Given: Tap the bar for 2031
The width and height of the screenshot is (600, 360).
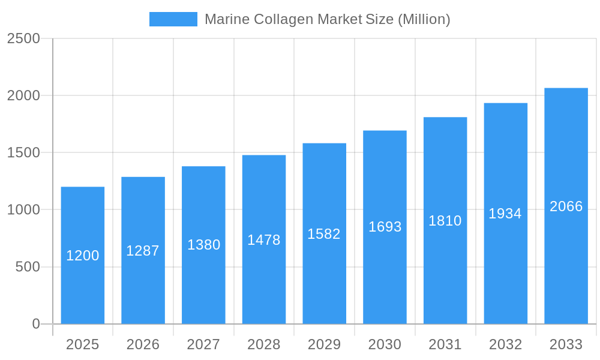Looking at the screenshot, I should pyautogui.click(x=445, y=270).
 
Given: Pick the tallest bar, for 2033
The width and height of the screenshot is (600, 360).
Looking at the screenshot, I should pyautogui.click(x=566, y=264).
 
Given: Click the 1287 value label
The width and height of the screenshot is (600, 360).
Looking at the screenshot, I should pyautogui.click(x=143, y=251).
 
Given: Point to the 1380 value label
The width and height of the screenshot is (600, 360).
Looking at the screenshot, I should pyautogui.click(x=204, y=245).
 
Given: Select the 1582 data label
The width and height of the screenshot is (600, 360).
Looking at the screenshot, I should pyautogui.click(x=324, y=234).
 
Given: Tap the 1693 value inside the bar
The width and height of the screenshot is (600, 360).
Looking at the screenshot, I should pyautogui.click(x=385, y=227).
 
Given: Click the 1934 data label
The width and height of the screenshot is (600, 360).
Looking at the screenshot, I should pyautogui.click(x=505, y=214).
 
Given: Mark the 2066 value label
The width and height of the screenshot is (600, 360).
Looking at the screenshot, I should pyautogui.click(x=566, y=206).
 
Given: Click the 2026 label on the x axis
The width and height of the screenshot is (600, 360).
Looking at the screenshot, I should pyautogui.click(x=143, y=344).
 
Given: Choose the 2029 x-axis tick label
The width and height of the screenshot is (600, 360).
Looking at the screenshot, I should pyautogui.click(x=324, y=344).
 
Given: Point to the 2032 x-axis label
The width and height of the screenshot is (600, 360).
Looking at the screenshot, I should pyautogui.click(x=505, y=344).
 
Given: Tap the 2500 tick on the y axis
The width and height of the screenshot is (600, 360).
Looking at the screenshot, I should pyautogui.click(x=23, y=38).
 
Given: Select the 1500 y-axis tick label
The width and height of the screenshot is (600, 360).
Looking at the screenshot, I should pyautogui.click(x=23, y=153).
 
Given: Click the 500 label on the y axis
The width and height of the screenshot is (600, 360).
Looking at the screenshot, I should pyautogui.click(x=28, y=267).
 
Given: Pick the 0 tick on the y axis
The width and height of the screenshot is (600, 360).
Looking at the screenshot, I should pyautogui.click(x=36, y=324).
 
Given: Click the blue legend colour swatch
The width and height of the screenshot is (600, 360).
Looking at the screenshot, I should pyautogui.click(x=173, y=19).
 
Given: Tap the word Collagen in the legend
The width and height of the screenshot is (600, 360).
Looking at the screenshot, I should pyautogui.click(x=283, y=19).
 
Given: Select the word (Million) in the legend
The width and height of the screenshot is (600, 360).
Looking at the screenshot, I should pyautogui.click(x=424, y=19).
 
